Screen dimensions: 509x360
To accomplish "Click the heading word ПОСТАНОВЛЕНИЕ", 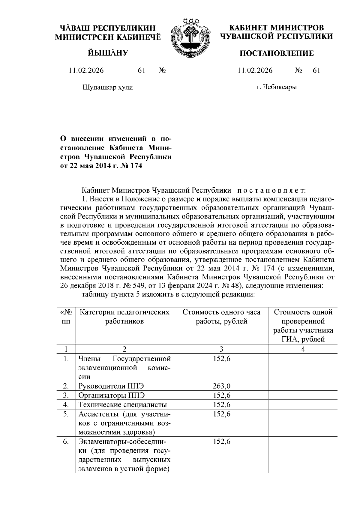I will coord(276,53).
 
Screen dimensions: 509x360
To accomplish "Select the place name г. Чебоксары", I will coord(276,87).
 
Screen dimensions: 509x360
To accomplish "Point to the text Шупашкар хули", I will coord(108,87).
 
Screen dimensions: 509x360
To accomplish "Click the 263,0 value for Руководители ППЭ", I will coord(221,386).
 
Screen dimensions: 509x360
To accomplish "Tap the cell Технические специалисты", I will coord(123,405).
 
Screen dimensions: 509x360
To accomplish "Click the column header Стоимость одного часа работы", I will coord(221,317).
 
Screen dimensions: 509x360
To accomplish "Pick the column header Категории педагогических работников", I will coord(124,317).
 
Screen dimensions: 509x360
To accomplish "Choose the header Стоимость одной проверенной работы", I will coord(303,326).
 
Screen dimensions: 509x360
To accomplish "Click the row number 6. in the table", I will coord(66,442).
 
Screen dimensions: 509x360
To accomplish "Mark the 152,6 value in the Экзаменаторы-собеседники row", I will coord(221,442).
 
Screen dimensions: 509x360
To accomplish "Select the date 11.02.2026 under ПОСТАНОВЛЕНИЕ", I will coord(255,71).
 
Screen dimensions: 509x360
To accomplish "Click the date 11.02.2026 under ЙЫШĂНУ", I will coord(86,71).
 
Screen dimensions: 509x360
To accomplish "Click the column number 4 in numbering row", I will coord(303,349).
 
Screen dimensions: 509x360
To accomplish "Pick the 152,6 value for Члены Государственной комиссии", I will coord(221,358).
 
